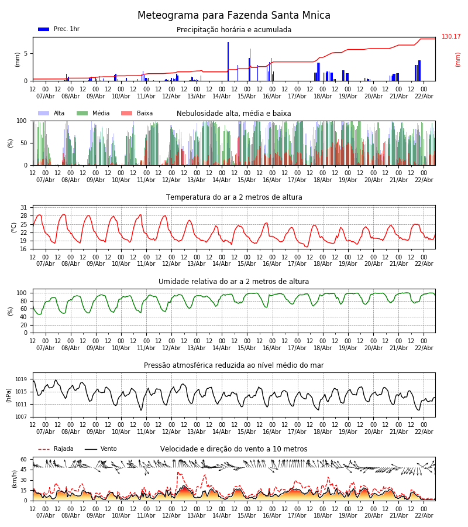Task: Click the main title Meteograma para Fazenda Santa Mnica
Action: (x=234, y=16)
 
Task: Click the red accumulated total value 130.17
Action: (x=451, y=37)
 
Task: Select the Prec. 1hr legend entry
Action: (x=59, y=29)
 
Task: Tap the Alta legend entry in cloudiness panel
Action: (x=52, y=114)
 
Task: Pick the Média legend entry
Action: (x=93, y=114)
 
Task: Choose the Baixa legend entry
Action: (x=137, y=114)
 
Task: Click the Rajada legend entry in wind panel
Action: (x=56, y=449)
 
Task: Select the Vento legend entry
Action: (x=101, y=449)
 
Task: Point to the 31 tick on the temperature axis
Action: (x=23, y=207)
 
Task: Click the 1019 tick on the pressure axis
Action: (x=22, y=379)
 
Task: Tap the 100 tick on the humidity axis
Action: (x=22, y=293)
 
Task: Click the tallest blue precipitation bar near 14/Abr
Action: (x=228, y=61)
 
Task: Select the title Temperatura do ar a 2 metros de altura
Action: (x=234, y=197)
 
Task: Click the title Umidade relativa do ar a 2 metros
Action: (x=234, y=282)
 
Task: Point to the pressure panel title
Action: (x=234, y=365)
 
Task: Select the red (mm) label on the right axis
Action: (x=458, y=59)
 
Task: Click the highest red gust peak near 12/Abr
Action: (x=178, y=473)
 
